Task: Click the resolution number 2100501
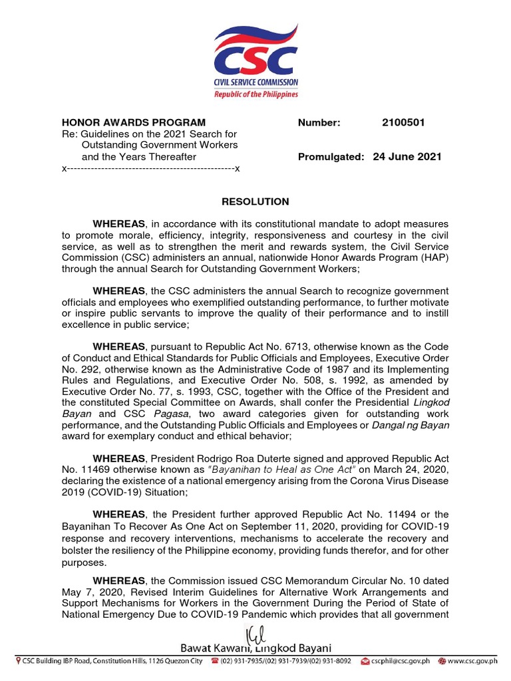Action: click(x=403, y=122)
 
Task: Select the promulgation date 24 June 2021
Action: click(x=407, y=157)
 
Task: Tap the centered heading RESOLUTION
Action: click(x=255, y=202)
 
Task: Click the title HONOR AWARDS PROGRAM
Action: click(x=134, y=122)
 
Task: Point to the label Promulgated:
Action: click(x=331, y=157)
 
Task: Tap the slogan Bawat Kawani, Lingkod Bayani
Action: click(x=255, y=648)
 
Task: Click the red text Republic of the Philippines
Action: click(x=255, y=94)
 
